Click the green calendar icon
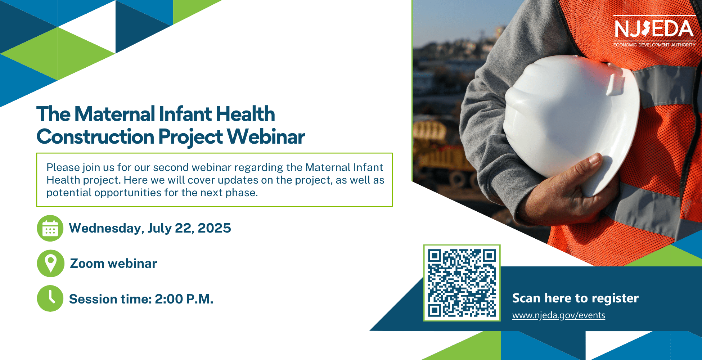point(50,228)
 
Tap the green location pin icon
point(50,264)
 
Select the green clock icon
point(50,299)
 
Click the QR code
point(462,283)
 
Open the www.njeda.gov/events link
point(559,315)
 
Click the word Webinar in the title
point(266,137)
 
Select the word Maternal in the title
point(115,114)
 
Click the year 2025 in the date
point(214,228)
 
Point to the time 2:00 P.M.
point(184,299)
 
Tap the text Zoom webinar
point(113,264)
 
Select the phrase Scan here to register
point(575,298)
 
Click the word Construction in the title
point(95,137)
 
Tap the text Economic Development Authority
point(654,45)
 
